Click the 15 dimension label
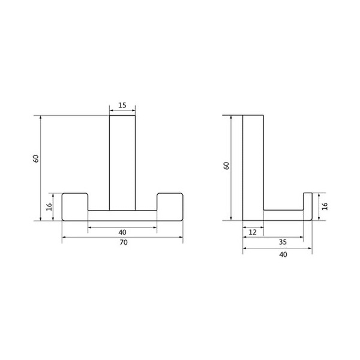pyautogui.click(x=122, y=106)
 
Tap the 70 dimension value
pyautogui.click(x=124, y=242)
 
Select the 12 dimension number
pyautogui.click(x=253, y=232)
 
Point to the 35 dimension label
pyautogui.click(x=283, y=242)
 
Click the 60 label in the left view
pyautogui.click(x=36, y=159)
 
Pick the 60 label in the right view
pyautogui.click(x=226, y=166)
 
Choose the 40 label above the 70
pyautogui.click(x=122, y=232)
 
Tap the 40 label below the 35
pyautogui.click(x=283, y=254)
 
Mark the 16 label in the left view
pyautogui.click(x=49, y=207)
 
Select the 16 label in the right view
pyautogui.click(x=325, y=206)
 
